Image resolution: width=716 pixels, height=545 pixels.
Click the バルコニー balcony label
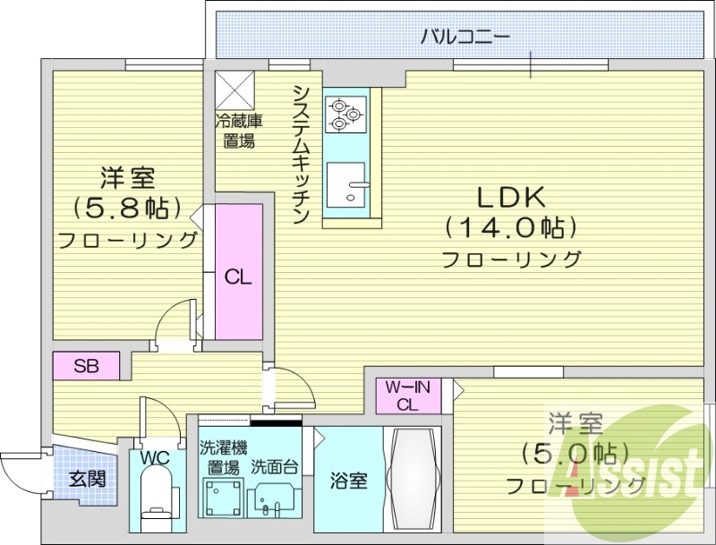pyautogui.click(x=465, y=37)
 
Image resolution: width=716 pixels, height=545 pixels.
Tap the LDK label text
pyautogui.click(x=511, y=197)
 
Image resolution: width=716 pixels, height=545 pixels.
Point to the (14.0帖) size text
pyautogui.click(x=511, y=227)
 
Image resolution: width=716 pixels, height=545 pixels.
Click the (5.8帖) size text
pyautogui.click(x=127, y=208)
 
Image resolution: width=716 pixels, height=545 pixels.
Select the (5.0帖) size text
pyautogui.click(x=575, y=454)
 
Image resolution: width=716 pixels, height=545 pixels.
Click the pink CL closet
pyautogui.click(x=239, y=271)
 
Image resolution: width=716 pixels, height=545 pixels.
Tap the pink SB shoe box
pyautogui.click(x=86, y=366)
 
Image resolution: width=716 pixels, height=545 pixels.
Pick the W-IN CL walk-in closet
pyautogui.click(x=408, y=396)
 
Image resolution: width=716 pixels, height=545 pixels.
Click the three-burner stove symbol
pyautogui.click(x=345, y=115)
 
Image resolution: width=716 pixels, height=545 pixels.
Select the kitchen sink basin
pyautogui.click(x=345, y=184)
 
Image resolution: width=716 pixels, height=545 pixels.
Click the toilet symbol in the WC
pyautogui.click(x=156, y=498)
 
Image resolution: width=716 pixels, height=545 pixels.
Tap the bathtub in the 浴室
pyautogui.click(x=412, y=480)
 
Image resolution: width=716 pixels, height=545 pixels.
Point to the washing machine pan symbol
pyautogui.click(x=221, y=498)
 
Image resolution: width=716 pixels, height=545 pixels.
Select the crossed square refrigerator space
pyautogui.click(x=234, y=90)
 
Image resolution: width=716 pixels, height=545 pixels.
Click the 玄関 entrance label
pyautogui.click(x=87, y=479)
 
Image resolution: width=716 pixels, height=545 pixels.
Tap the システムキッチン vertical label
pyautogui.click(x=302, y=154)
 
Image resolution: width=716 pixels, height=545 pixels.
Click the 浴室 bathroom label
pyautogui.click(x=349, y=481)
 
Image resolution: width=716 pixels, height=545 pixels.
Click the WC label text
pyautogui.click(x=155, y=457)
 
